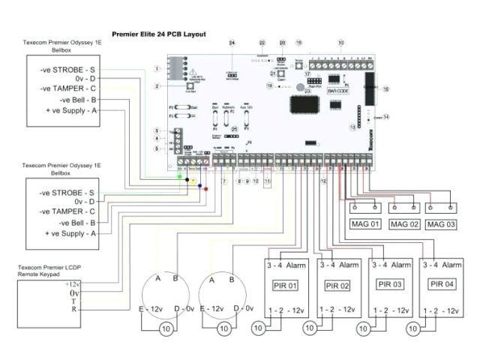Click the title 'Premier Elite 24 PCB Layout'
[x=158, y=34]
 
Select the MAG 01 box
[x=366, y=224]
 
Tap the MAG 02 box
[x=404, y=224]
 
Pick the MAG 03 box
[x=442, y=224]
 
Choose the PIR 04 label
[x=442, y=284]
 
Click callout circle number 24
[x=232, y=43]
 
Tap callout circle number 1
[x=157, y=68]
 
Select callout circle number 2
[x=157, y=87]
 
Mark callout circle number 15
[x=386, y=89]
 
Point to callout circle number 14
[x=386, y=117]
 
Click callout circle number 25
[x=235, y=129]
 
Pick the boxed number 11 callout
[x=268, y=182]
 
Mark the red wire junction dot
[x=206, y=190]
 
